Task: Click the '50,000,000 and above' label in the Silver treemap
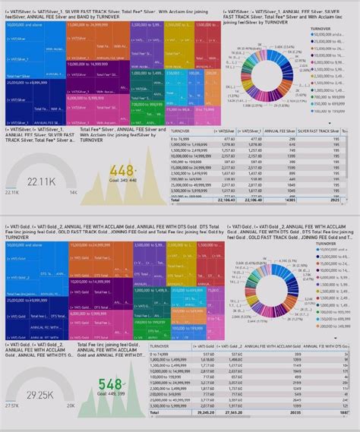point(23,26)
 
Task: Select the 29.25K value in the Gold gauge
point(39,396)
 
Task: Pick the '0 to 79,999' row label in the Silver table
point(182,139)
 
